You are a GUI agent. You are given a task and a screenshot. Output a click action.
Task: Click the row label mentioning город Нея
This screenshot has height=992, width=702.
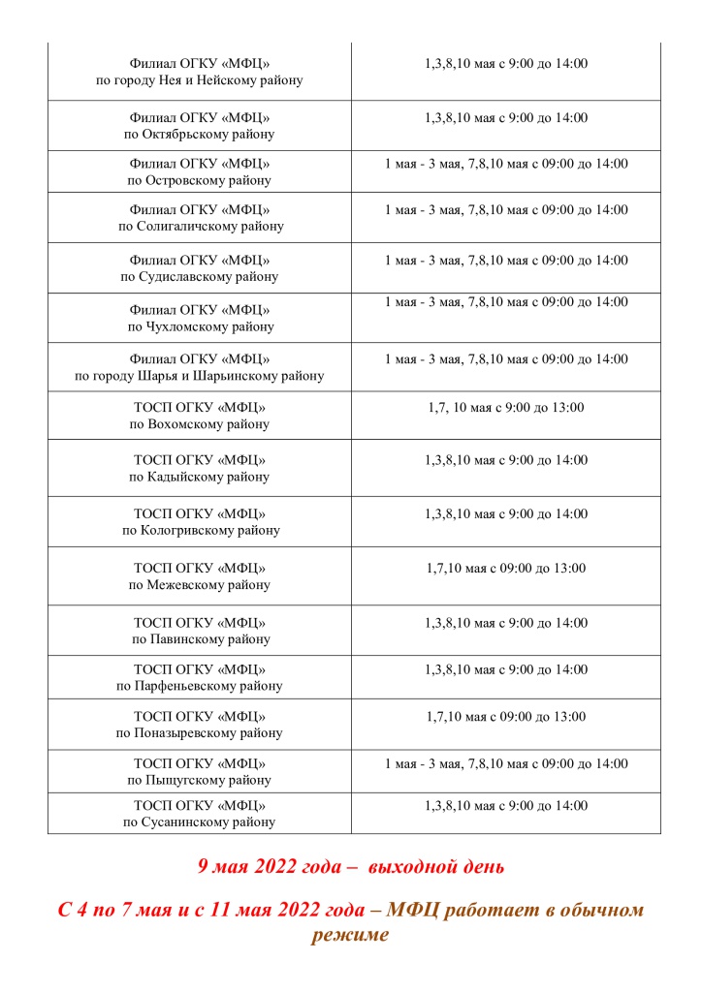(199, 80)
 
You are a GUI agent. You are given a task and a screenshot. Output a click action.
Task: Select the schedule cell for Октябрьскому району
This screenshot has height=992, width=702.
(505, 118)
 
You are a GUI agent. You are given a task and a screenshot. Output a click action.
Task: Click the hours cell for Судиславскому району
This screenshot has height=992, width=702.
(505, 261)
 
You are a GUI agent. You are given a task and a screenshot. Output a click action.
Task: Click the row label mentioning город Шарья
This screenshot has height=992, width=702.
(199, 376)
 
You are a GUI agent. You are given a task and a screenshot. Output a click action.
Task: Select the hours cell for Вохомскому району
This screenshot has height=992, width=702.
(505, 408)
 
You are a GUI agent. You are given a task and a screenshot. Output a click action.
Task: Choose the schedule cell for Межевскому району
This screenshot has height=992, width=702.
(505, 569)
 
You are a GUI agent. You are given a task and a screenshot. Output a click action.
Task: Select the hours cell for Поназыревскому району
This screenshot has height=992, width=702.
(505, 717)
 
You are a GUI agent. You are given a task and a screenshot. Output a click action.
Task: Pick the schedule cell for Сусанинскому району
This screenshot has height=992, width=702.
(505, 805)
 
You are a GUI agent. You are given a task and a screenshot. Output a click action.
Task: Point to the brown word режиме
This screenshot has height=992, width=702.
(350, 935)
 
